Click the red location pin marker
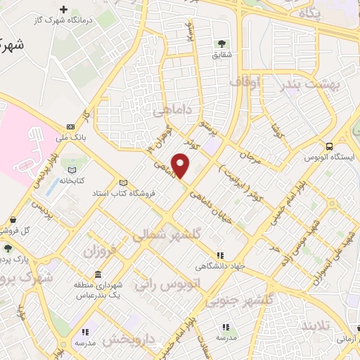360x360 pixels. click(x=181, y=165)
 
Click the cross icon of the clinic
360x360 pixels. click(x=65, y=9)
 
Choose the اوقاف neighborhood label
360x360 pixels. click(x=245, y=83)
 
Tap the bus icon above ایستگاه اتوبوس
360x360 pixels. click(x=330, y=146)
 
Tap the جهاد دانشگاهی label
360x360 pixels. click(x=219, y=266)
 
